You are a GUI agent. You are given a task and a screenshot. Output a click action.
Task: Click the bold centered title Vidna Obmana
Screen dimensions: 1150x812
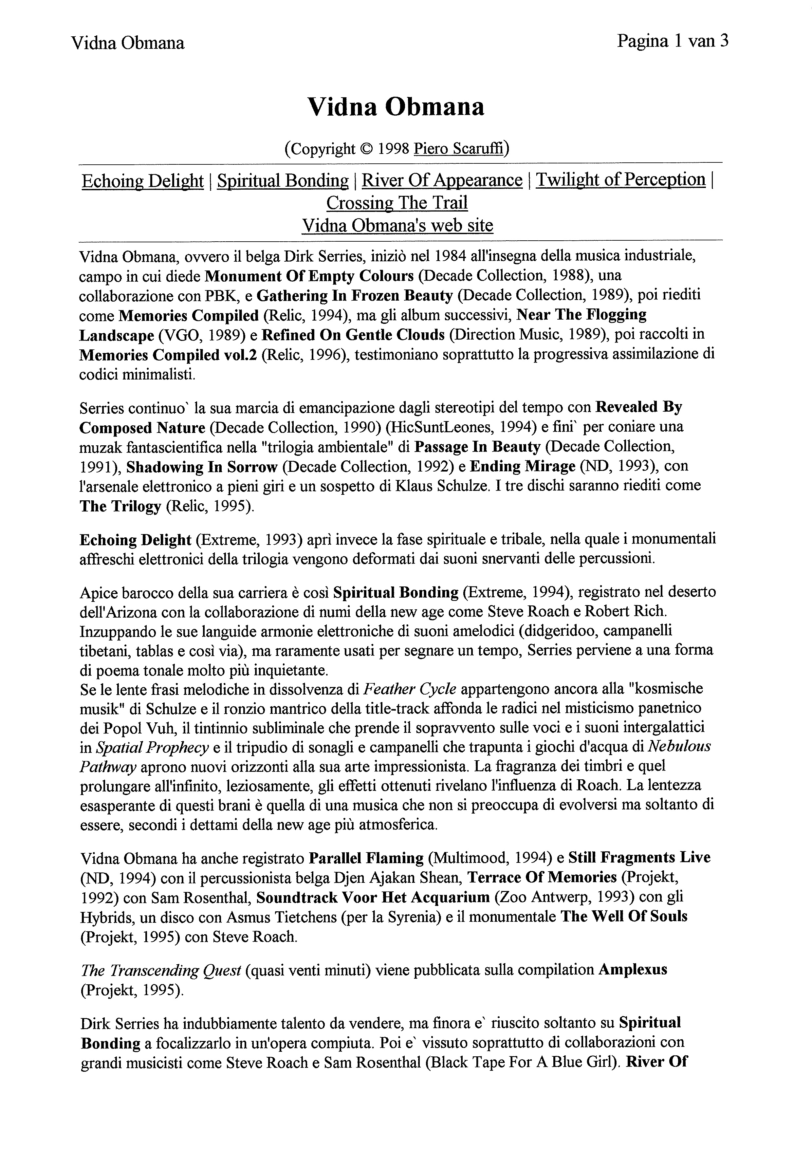point(396,107)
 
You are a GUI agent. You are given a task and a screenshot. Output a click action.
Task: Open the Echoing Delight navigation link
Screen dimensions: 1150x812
point(143,180)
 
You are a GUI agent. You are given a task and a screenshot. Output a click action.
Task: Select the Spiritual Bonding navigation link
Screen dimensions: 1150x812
point(283,180)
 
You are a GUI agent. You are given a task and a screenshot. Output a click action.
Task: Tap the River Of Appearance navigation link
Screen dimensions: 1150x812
point(442,180)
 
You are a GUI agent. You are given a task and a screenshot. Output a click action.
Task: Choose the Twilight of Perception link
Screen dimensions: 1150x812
point(621,179)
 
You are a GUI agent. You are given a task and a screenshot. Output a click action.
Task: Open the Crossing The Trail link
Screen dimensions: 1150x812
point(397,203)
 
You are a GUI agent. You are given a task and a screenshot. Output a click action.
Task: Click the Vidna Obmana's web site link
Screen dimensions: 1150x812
point(397,225)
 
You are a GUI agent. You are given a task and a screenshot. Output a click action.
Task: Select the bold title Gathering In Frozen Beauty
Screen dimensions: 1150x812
point(355,295)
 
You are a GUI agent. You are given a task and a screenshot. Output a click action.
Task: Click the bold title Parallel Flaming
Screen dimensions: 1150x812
point(366,858)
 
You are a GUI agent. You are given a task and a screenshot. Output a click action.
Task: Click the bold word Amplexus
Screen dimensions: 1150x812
point(633,969)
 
